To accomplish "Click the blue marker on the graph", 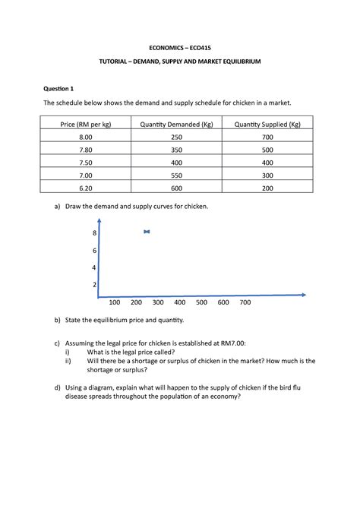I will point(147,232).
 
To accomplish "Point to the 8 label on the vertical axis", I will point(94,233).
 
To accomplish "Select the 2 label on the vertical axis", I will point(94,284).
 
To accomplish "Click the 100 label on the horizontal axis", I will point(115,302).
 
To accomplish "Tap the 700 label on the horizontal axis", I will point(245,302).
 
